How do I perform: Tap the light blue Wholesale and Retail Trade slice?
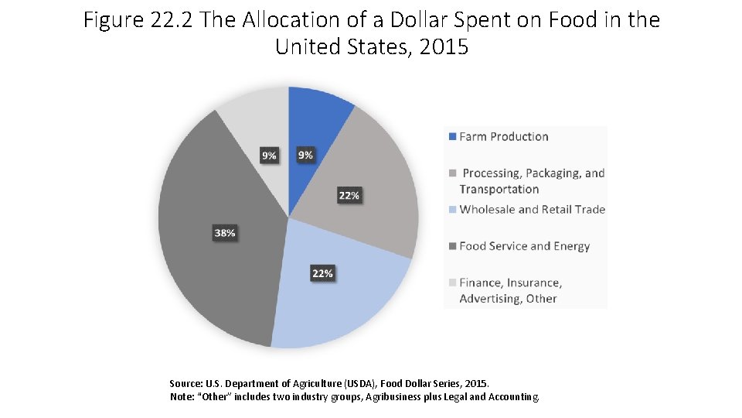point(340,310)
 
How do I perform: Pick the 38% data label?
point(225,233)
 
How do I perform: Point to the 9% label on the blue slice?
point(306,155)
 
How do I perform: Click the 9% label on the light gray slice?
point(268,156)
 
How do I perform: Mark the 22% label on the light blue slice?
point(322,273)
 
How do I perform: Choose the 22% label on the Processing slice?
point(349,196)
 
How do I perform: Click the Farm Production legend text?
point(503,137)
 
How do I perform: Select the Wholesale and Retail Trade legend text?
point(532,210)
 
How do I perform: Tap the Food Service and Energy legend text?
point(524,246)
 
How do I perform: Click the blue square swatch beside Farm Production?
point(452,137)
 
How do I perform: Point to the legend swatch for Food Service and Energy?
point(452,246)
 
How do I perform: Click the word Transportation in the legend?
point(499,190)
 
